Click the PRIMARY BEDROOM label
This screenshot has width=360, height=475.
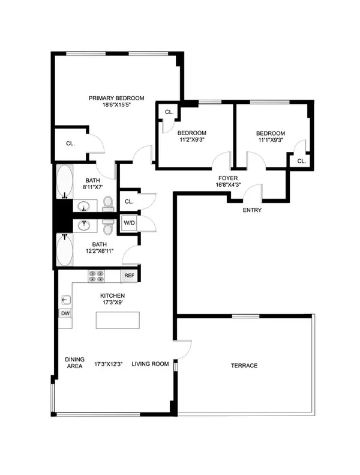[x=117, y=98]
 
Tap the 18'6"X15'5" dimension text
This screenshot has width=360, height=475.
[x=117, y=105]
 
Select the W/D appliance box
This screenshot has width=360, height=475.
[x=130, y=223]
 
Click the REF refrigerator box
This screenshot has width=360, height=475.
[x=128, y=276]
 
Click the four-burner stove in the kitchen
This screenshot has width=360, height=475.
[x=97, y=276]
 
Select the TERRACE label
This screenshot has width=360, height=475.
[x=245, y=365]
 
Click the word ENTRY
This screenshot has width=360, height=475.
[x=251, y=210]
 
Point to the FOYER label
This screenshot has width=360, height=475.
[x=228, y=178]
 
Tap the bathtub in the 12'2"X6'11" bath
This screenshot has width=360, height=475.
[x=64, y=250]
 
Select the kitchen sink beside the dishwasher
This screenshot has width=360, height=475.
[x=65, y=300]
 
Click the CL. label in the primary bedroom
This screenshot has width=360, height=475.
[x=70, y=144]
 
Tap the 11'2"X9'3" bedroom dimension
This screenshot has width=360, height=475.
[x=191, y=141]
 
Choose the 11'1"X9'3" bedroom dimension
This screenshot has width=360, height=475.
[x=270, y=141]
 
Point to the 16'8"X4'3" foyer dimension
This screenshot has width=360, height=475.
[x=228, y=186]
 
